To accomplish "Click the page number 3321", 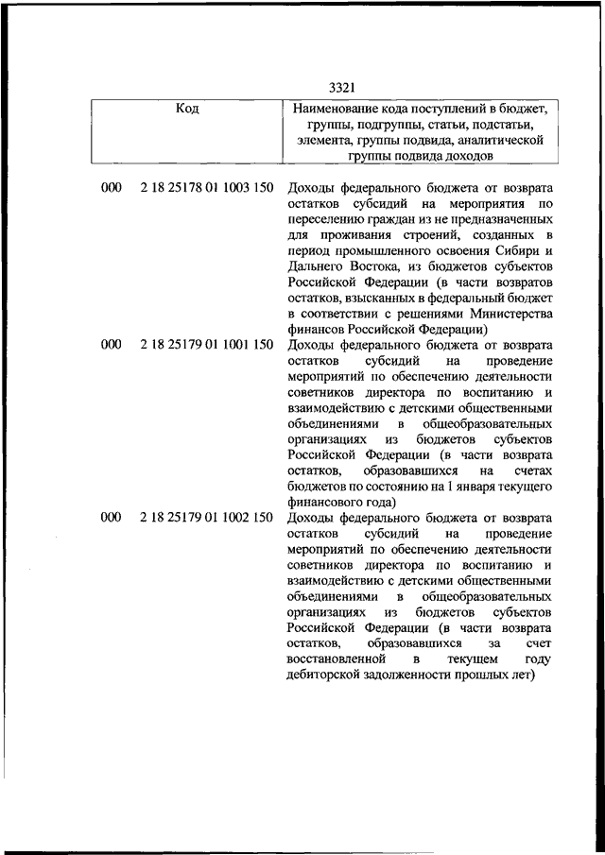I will click(x=342, y=88).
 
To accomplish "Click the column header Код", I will click(x=187, y=110).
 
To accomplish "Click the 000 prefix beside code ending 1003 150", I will click(x=111, y=188).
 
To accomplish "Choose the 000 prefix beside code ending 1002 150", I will click(x=111, y=518).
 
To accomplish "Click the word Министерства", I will click(x=506, y=314).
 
